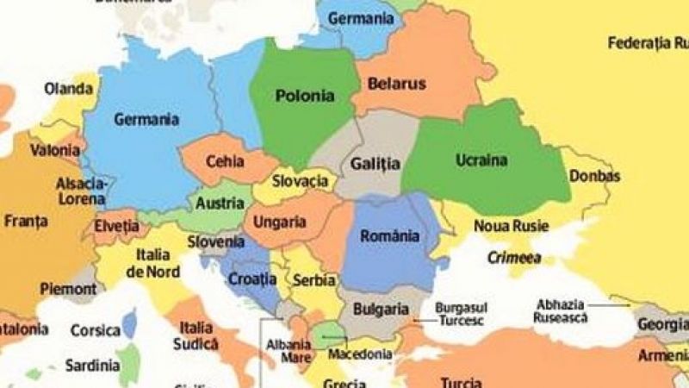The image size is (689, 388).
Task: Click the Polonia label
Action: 305,96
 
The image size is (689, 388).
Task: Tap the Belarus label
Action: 397,84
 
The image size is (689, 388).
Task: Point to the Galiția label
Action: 376,163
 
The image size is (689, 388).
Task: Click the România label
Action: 389,235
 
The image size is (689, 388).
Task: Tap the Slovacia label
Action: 301,181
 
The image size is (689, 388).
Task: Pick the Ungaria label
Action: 279,222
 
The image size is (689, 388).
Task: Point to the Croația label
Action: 252,278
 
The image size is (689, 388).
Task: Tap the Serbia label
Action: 308,280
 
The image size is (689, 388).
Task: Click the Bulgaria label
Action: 380,309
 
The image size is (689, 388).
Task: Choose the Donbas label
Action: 594,176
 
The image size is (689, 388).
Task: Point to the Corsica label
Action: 95,329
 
